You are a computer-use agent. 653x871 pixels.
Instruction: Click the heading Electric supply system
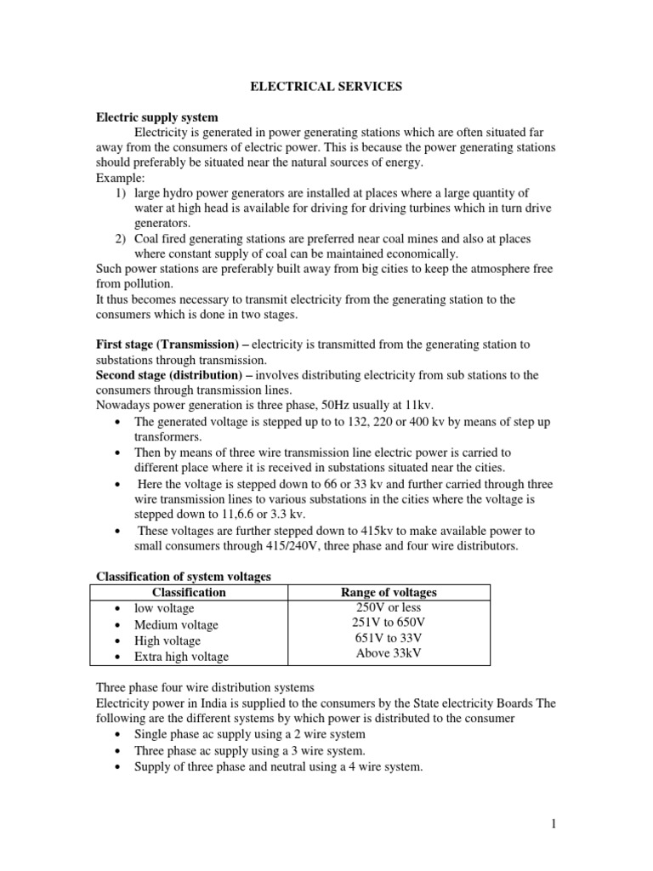[x=156, y=117]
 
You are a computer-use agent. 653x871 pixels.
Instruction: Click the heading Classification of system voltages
[x=183, y=577]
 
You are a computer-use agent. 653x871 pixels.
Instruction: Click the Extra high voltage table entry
[x=181, y=656]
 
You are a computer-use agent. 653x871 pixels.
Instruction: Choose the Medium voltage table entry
[x=176, y=625]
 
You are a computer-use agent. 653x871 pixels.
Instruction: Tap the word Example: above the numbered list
[x=121, y=178]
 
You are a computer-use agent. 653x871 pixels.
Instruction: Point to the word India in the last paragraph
[x=213, y=703]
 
